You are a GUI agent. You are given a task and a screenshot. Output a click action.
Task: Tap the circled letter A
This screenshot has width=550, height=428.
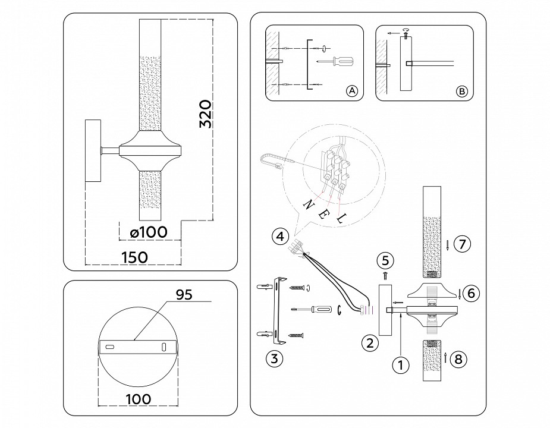click(x=351, y=91)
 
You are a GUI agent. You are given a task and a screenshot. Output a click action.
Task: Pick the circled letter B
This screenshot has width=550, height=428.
click(x=461, y=91)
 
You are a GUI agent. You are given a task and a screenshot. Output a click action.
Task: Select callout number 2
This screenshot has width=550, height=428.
click(x=370, y=342)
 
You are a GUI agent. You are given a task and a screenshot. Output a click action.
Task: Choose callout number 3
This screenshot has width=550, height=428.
click(x=274, y=358)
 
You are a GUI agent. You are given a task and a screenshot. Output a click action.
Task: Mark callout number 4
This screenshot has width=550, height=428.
click(x=279, y=236)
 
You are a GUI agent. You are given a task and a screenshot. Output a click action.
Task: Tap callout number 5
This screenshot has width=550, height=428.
click(x=385, y=260)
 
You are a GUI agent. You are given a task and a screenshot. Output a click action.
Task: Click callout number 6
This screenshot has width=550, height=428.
click(x=470, y=293)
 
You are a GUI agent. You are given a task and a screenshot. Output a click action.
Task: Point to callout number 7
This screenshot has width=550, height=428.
click(x=461, y=243)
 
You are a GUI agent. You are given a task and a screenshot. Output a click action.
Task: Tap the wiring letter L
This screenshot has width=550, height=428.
click(x=341, y=220)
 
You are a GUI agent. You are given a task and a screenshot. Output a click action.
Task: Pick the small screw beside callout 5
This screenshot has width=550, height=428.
click(x=385, y=275)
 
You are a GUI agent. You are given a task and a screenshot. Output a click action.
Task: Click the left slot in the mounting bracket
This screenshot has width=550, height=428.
click(x=110, y=346)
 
